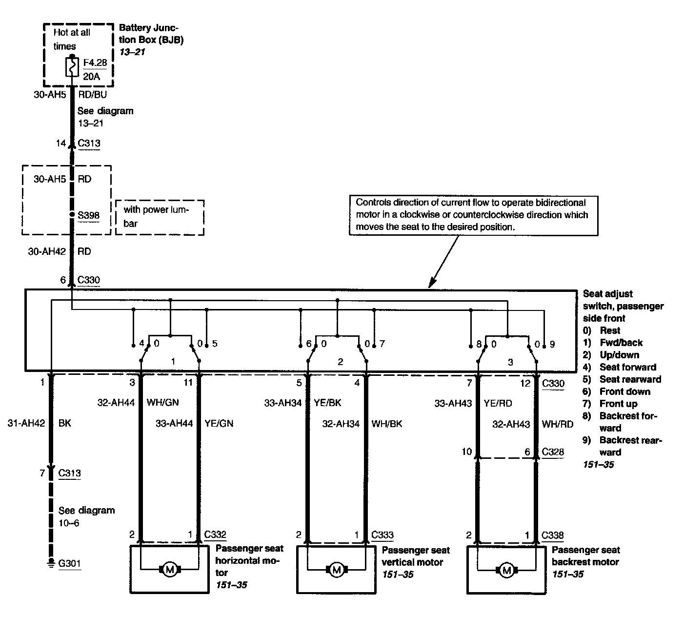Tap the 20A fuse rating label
(x=92, y=77)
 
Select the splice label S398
(x=88, y=215)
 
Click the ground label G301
(x=69, y=564)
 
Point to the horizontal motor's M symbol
(x=169, y=569)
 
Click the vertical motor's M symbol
(x=336, y=569)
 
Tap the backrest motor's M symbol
(x=506, y=569)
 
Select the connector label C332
(x=215, y=535)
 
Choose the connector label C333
(x=382, y=535)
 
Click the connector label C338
(x=553, y=535)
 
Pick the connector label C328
(x=553, y=452)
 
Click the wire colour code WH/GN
(x=162, y=403)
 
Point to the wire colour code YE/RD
(x=498, y=403)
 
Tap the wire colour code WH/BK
(x=387, y=424)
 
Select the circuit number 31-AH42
(x=26, y=424)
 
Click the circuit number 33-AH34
(x=283, y=403)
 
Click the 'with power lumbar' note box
(x=160, y=217)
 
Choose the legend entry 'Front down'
(x=625, y=391)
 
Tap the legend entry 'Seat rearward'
(x=630, y=379)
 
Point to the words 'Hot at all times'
(x=71, y=40)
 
